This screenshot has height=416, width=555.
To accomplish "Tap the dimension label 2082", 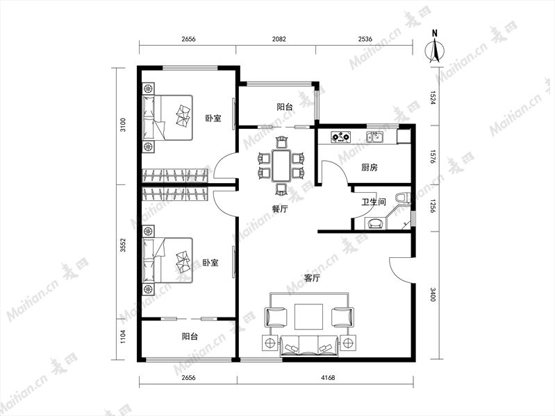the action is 279,39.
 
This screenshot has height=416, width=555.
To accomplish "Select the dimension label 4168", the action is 328,377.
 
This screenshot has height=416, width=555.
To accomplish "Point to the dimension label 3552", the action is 123,245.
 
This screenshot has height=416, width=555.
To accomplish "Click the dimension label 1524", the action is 433,98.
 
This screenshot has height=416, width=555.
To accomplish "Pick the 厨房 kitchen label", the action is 369,167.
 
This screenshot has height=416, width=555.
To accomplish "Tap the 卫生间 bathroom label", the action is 374,202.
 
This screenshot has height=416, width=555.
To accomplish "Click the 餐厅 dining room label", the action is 280,209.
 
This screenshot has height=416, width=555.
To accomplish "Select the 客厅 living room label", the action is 312,278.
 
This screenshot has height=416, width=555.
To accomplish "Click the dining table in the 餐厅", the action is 281,166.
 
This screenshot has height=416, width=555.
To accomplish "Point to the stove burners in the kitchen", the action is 340,137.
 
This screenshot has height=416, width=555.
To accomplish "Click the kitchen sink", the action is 375,137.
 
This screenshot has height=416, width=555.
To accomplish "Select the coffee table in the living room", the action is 308,316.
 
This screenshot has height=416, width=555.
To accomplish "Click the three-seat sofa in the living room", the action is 309,347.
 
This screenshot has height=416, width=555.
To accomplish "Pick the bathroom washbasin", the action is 375,223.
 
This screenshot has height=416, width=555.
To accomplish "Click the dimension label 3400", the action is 433,295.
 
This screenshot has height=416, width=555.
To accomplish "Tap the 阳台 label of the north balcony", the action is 285,107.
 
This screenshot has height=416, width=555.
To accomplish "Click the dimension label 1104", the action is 123,336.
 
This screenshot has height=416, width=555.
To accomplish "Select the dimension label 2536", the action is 365,39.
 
